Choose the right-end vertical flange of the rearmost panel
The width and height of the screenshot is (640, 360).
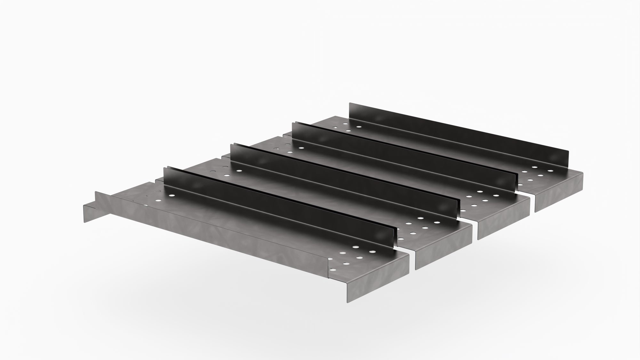[x=558, y=192]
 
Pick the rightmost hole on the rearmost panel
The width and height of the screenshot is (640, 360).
[x=550, y=171]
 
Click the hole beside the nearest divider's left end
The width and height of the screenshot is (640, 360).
[x=172, y=195]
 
